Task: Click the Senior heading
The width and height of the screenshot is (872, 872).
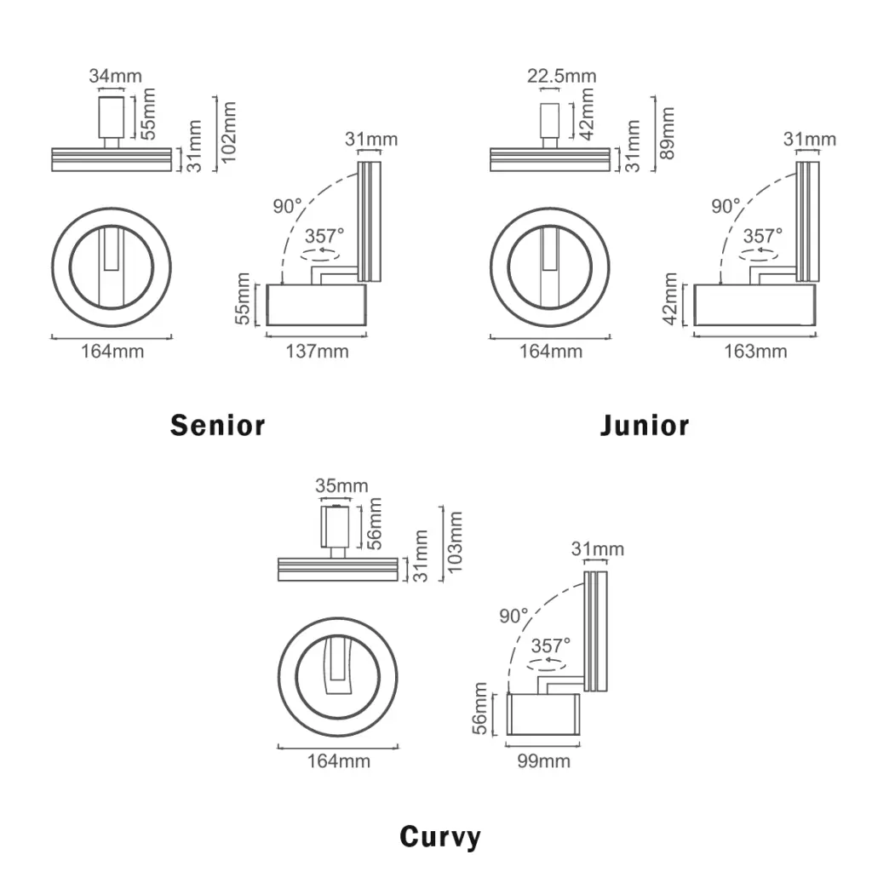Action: point(218,425)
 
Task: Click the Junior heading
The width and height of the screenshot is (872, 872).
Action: point(645,425)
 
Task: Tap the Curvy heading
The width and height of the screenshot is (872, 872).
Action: point(439,837)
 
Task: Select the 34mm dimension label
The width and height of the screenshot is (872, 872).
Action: point(115,76)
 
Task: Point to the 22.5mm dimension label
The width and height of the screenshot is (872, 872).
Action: point(561,76)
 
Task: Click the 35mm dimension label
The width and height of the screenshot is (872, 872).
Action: point(341,486)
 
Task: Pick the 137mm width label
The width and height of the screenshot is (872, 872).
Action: point(317,351)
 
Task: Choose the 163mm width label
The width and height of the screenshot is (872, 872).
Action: point(755,351)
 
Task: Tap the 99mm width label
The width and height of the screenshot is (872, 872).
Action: point(543,760)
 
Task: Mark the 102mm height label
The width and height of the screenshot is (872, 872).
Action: point(227,135)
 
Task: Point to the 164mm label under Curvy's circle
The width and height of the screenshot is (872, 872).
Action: point(338,760)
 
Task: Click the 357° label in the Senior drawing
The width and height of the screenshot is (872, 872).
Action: point(324,236)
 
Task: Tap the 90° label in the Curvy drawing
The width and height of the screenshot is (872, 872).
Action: point(514,616)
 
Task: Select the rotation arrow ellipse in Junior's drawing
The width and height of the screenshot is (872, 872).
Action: point(760,253)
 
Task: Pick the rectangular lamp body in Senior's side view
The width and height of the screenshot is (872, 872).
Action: point(317,305)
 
